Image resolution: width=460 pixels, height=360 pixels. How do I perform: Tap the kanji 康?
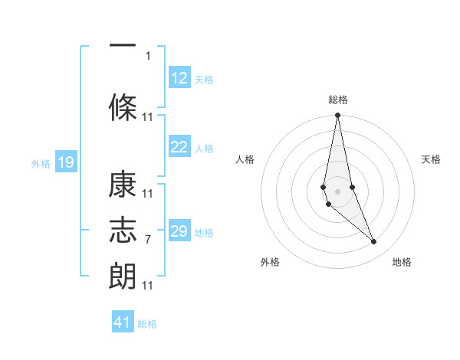coord(123,186)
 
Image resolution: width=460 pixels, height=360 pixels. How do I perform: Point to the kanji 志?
coord(123,230)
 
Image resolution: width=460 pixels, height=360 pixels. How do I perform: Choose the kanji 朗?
coord(123,273)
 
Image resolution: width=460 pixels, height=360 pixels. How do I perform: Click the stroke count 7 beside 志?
coord(148,240)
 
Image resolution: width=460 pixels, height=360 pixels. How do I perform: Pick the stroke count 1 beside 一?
coord(148,55)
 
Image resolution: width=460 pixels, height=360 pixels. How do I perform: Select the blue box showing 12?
coord(179,78)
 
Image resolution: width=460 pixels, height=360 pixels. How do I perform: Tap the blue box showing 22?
coord(179,148)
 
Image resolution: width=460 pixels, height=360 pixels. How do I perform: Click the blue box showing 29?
coord(179,231)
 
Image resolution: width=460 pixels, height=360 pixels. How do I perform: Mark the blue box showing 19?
coord(65,162)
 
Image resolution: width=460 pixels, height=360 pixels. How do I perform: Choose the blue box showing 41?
coord(123,322)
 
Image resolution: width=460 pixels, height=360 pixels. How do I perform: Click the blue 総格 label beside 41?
coord(147,324)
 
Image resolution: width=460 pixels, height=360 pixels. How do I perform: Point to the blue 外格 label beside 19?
coord(41,163)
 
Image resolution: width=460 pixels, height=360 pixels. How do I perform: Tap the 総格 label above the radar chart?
coord(337,100)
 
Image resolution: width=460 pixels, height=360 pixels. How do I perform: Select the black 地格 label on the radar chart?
coord(402,262)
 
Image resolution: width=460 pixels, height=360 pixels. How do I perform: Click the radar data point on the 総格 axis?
coord(337,116)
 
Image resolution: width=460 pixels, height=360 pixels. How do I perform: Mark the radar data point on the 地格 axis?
coord(374,241)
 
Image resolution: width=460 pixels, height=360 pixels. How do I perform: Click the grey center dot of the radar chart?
coord(337,191)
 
